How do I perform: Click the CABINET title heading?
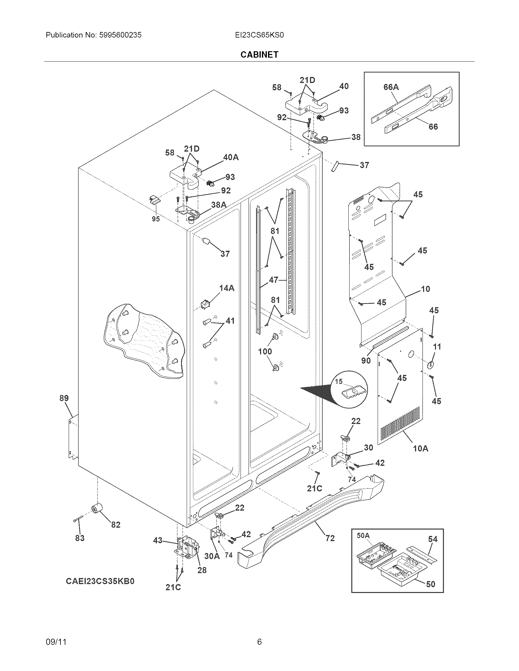(259, 54)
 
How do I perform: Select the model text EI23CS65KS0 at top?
(259, 35)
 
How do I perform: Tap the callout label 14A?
(227, 288)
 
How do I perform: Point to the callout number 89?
(64, 398)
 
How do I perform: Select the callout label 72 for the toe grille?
(330, 538)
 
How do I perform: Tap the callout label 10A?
(420, 448)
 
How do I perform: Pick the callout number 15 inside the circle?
(339, 382)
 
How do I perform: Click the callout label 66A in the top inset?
(391, 87)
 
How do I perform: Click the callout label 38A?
(219, 205)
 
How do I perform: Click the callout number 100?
(265, 351)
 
